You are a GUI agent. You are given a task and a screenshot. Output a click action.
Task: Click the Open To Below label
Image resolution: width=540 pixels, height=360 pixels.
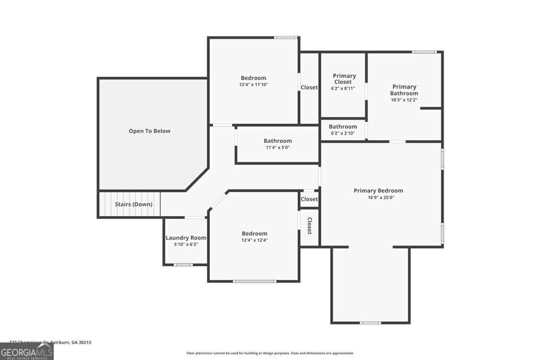[149, 131]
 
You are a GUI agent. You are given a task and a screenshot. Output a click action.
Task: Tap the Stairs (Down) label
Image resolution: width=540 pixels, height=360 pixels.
[134, 205]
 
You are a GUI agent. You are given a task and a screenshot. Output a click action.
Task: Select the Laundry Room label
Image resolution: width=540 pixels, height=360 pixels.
[186, 238]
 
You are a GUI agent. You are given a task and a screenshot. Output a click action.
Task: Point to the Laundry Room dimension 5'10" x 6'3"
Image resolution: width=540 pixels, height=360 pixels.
[186, 245]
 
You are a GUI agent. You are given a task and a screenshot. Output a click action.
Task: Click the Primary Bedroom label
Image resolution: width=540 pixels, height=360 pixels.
[378, 191]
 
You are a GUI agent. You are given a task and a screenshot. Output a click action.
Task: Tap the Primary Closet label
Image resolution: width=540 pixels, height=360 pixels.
[344, 79]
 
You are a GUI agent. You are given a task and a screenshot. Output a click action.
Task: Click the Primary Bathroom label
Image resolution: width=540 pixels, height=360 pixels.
[404, 90]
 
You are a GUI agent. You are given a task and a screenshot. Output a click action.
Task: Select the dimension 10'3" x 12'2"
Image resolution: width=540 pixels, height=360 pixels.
[404, 100]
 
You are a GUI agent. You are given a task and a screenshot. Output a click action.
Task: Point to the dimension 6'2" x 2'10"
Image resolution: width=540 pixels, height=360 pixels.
[343, 133]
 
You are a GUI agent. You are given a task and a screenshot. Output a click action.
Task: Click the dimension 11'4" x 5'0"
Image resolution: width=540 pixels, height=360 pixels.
[277, 148]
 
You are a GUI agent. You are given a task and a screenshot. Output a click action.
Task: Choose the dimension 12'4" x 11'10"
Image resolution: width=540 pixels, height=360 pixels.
[254, 84]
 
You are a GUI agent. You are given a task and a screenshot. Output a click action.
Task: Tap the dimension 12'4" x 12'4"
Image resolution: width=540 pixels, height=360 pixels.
[254, 240]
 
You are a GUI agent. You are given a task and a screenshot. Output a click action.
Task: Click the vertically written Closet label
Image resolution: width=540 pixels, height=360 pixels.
[310, 226]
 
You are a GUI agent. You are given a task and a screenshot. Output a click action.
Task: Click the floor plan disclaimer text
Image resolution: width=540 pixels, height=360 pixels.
[270, 353]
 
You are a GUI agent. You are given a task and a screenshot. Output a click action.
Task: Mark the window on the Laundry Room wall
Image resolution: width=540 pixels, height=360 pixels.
[184, 265]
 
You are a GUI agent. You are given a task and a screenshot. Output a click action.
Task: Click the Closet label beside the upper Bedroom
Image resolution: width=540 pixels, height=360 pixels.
[309, 87]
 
